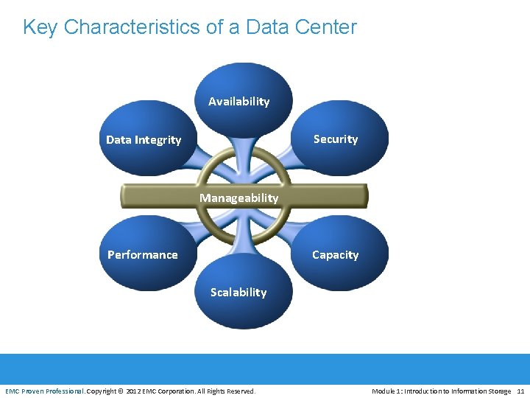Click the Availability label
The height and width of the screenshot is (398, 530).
[239, 102]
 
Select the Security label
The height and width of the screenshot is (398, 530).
[335, 139]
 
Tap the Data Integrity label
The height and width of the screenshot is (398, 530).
[144, 140]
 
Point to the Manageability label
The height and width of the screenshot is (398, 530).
[239, 198]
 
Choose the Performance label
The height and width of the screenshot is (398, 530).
[143, 255]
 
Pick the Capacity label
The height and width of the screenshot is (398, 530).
[335, 255]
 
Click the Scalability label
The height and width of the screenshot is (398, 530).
[239, 293]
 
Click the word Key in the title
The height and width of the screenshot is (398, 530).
[40, 27]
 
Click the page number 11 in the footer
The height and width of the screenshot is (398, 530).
[520, 391]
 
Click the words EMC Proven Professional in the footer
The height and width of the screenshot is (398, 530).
[44, 391]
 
